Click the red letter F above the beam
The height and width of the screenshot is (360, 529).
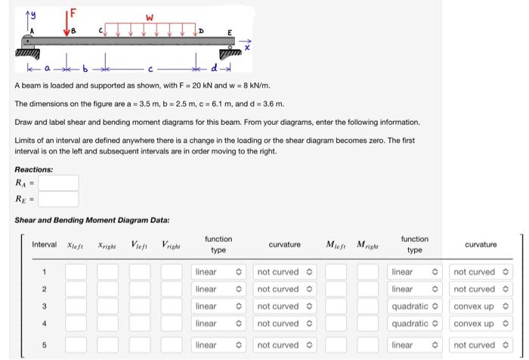click(73, 12)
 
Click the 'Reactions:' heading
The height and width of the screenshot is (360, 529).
click(34, 169)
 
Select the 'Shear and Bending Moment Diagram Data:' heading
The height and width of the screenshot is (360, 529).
click(92, 220)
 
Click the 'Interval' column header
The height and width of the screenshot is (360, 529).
click(44, 245)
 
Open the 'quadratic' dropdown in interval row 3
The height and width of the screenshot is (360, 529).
click(415, 306)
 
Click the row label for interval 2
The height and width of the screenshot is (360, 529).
click(44, 289)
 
